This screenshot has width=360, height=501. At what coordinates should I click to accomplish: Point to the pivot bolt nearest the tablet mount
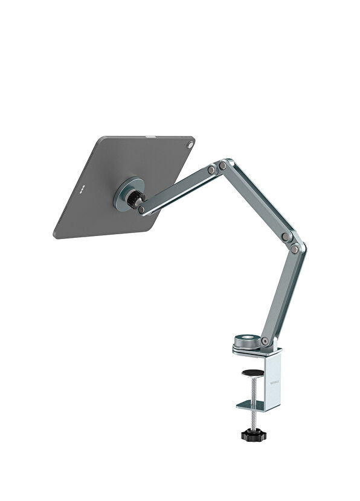click(141, 210)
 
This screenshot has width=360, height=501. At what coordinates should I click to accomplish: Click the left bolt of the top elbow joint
click(211, 170)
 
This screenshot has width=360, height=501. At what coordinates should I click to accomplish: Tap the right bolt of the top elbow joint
click(223, 165)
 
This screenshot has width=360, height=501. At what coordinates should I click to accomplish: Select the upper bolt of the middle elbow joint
click(286, 237)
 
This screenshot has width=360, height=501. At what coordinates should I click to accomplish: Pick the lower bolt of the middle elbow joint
click(294, 249)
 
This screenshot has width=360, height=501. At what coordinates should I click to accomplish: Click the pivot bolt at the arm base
click(265, 341)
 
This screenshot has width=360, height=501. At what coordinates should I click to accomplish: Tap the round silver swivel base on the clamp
click(248, 340)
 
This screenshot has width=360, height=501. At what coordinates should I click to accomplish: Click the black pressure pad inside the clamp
click(252, 373)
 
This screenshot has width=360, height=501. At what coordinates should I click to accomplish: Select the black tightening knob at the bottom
click(252, 433)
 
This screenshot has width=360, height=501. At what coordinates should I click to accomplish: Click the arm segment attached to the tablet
click(178, 189)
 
